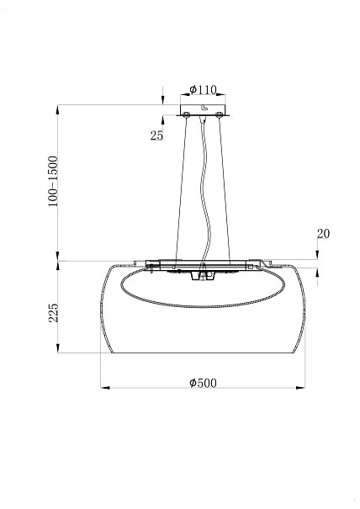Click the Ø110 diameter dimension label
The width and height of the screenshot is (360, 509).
tap(203, 89)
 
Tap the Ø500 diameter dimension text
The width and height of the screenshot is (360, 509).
tap(203, 383)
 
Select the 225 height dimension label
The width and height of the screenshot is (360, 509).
tap(53, 313)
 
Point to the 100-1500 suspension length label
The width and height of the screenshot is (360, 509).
tap(53, 182)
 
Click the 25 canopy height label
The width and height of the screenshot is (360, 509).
tap(156, 135)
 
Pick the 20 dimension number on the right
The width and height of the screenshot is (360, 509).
tap(323, 234)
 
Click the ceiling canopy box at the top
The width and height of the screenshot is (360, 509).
tap(203, 109)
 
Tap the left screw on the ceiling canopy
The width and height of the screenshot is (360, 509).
tap(187, 114)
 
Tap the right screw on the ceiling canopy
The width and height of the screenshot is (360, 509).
tap(220, 114)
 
